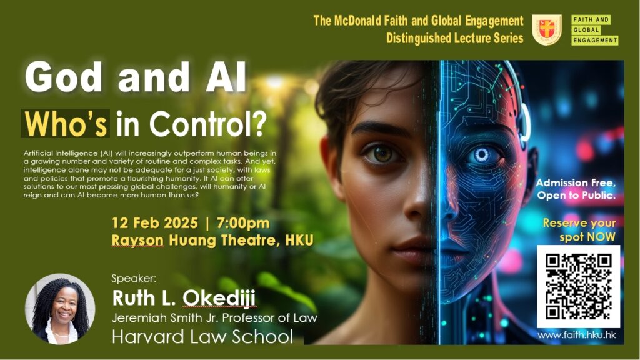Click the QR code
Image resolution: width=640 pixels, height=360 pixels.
point(578,286)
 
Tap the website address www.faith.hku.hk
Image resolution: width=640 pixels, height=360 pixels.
point(576,336)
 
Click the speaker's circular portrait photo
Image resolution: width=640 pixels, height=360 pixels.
point(60,309)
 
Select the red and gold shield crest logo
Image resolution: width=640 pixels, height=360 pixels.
point(546,30)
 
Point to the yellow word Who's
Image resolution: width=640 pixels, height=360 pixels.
point(66,123)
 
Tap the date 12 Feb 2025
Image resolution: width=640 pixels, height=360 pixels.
point(155,223)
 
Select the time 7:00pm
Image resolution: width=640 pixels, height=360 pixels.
point(243,223)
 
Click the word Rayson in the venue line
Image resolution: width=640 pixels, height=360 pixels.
point(137,240)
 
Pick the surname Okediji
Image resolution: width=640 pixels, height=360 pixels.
point(219,297)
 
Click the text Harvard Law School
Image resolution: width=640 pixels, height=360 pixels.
point(202,337)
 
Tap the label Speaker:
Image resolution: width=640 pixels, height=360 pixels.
point(134,279)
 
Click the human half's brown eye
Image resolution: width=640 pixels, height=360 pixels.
point(382,154)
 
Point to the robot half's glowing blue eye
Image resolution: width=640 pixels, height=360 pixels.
point(481,155)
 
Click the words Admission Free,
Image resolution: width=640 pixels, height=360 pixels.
point(576,182)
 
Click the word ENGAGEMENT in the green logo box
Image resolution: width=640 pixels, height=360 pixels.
point(595,41)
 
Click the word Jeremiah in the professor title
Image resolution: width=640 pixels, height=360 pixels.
point(132,318)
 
